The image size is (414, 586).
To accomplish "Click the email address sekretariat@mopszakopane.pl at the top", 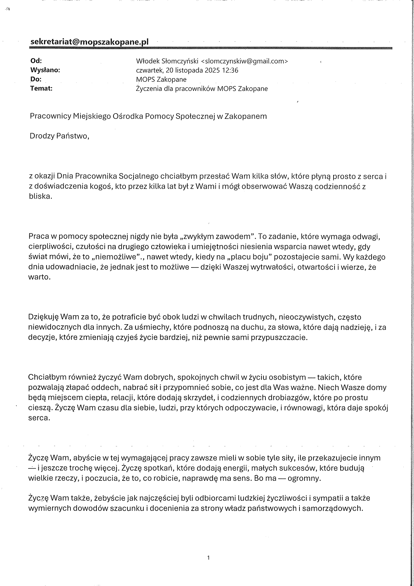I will click(x=89, y=42).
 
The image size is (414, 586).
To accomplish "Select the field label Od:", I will click(x=36, y=61).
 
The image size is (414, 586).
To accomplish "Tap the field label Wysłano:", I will click(x=45, y=70).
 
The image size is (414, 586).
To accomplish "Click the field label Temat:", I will click(x=41, y=88).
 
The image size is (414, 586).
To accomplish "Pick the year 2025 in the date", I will click(x=213, y=70).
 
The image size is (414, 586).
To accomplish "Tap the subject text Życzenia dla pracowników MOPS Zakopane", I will click(x=202, y=89).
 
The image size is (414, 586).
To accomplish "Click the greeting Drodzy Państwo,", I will click(x=59, y=136).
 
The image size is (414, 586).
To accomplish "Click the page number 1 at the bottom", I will click(x=208, y=558).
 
